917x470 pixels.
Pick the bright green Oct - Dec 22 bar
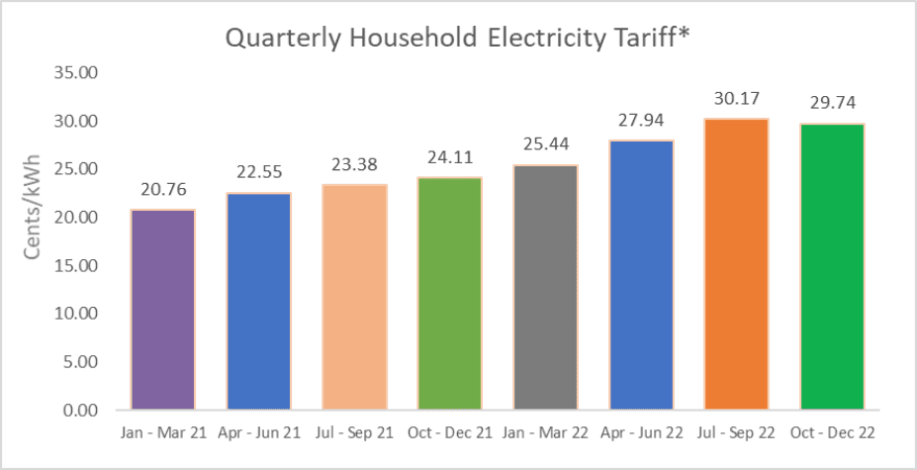tap(832, 266)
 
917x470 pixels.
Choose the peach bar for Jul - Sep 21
tap(354, 297)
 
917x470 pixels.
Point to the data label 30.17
tap(736, 100)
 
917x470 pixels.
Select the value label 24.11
tap(449, 158)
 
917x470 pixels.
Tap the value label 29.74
tap(832, 104)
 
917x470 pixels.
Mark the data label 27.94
tap(641, 122)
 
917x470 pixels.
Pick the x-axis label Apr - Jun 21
tap(258, 433)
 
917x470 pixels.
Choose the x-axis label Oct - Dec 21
tap(449, 433)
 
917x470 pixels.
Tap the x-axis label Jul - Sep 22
tap(736, 433)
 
